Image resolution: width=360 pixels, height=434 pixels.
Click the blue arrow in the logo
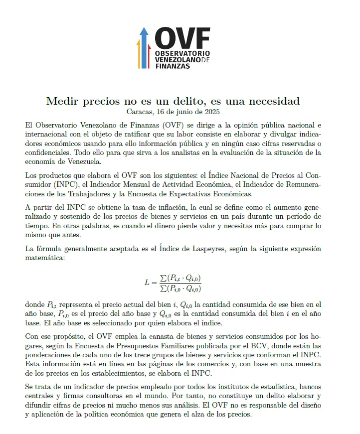coord(144,47)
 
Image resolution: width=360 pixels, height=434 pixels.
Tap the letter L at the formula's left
coord(147,283)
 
